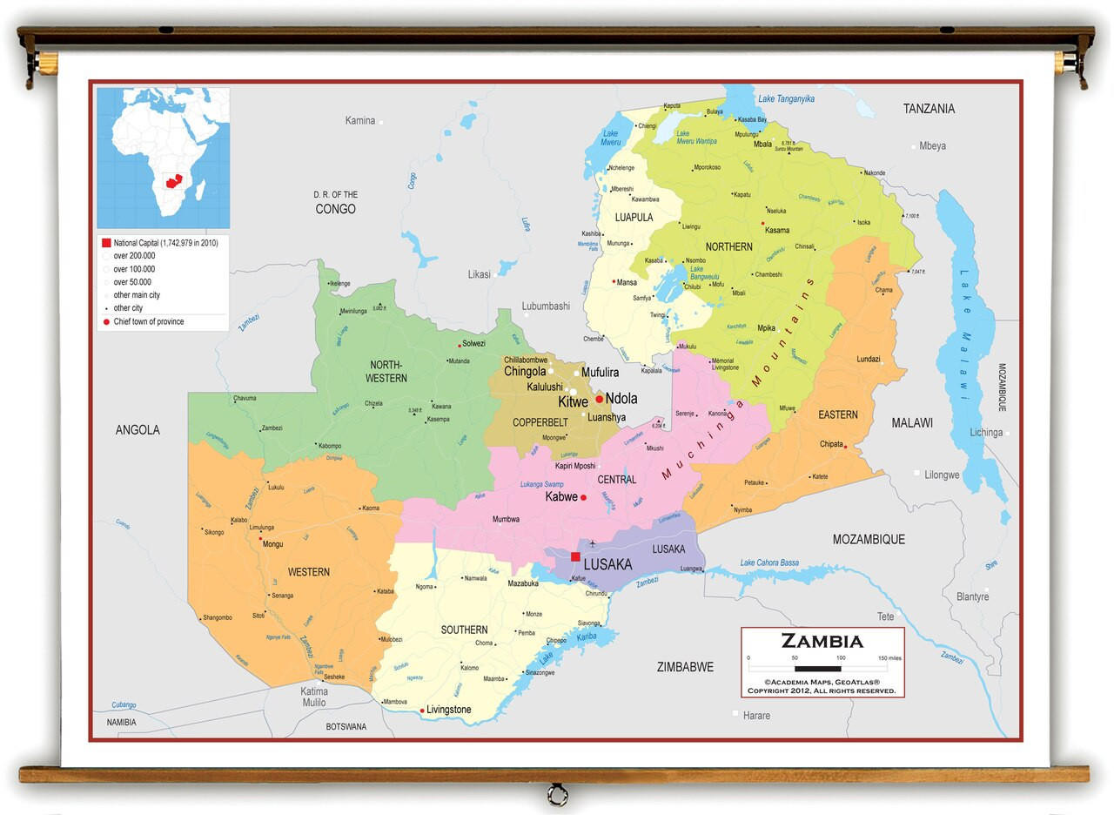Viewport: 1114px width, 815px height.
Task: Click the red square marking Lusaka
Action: pos(575,556)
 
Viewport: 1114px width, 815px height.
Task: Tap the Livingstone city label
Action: pos(448,710)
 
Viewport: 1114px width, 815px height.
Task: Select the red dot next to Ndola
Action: pos(599,399)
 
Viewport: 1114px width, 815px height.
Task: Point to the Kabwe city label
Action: pos(561,497)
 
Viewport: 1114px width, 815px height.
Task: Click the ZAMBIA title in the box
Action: pos(822,643)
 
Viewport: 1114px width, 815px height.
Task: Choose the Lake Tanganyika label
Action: pos(786,99)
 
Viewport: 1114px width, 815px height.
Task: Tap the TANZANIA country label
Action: pos(929,109)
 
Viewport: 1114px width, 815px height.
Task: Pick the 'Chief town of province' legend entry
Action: pos(148,322)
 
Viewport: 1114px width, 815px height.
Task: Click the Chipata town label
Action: pos(831,444)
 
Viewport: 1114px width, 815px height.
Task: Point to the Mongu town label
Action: pos(272,544)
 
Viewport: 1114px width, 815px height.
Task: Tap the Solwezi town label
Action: pos(473,344)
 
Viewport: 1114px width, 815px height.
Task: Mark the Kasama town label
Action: pos(777,231)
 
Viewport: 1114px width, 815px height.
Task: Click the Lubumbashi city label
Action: pos(546,306)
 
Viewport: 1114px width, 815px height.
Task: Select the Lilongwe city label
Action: pos(942,475)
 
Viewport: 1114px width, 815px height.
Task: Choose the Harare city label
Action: pos(756,716)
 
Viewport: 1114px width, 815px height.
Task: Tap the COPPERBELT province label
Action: pos(540,422)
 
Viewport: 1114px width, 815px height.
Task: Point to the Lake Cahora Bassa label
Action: pos(769,563)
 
